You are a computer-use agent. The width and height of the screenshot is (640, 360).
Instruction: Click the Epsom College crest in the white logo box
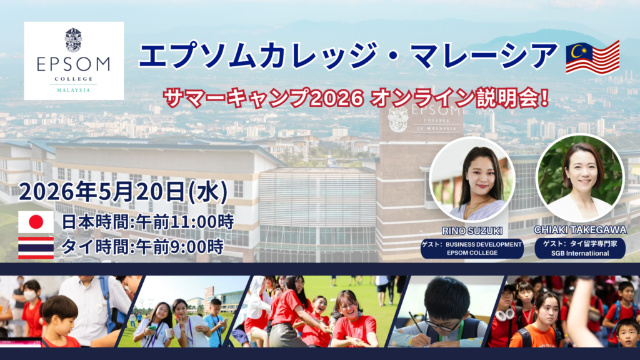point(74,39)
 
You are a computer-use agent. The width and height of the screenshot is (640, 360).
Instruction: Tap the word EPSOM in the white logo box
point(74,64)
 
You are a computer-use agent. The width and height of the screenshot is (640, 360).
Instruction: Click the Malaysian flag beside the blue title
point(592,57)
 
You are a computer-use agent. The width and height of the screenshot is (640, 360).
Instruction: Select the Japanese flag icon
point(36,222)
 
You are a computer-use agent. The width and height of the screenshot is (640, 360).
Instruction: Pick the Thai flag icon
point(36,247)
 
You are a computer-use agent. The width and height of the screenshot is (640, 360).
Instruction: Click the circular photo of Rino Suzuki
point(472,179)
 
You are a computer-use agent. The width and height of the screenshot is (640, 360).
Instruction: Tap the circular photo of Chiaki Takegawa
point(580,177)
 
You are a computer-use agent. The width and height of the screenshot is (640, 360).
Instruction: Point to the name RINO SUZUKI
point(472,231)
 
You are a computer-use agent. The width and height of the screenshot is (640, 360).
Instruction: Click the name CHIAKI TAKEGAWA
point(580,230)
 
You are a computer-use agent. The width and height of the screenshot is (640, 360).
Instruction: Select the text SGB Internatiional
point(580,253)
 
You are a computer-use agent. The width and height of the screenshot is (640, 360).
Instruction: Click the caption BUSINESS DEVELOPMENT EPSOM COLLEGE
point(472,249)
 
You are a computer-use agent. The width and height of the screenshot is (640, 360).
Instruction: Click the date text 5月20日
point(149,191)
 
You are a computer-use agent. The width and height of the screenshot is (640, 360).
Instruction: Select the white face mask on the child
point(30,295)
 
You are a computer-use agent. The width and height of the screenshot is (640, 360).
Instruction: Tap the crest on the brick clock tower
point(397,119)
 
